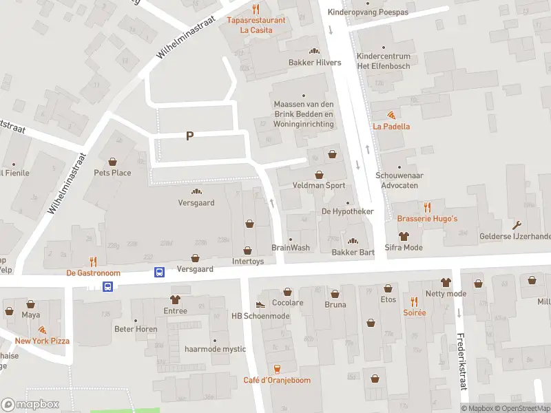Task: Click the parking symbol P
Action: pos(189,136)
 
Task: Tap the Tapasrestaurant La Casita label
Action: pos(256,25)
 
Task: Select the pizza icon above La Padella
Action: pos(391,115)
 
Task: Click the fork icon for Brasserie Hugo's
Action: pos(427,206)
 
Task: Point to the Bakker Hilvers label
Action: pos(315,63)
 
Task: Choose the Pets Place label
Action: pos(112,173)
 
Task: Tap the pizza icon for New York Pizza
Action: pos(42,330)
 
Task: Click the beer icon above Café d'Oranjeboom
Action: pos(277,369)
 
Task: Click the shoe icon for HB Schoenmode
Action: pos(260,304)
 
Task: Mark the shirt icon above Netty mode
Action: pos(446,282)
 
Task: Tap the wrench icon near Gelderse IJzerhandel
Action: pos(517,224)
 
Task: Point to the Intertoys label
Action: pos(248,262)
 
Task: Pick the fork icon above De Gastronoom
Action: pos(93,261)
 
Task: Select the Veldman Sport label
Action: pos(318,186)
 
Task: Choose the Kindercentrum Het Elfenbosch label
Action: pos(383,61)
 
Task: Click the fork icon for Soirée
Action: pos(414,301)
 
